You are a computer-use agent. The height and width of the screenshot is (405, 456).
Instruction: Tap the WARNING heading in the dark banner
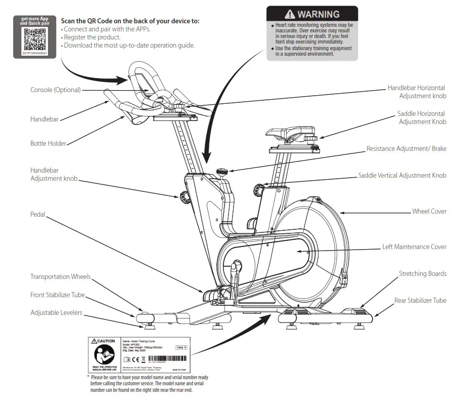312,14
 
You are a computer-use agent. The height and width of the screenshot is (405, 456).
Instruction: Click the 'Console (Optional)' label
55,90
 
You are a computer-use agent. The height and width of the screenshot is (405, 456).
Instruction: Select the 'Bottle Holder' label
48,144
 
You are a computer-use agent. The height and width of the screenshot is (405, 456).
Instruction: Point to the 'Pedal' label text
37,215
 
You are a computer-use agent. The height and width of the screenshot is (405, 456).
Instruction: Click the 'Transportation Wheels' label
60,277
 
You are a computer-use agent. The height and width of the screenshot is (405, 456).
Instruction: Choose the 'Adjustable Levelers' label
56,313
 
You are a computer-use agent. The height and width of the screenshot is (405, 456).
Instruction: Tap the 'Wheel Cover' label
429,211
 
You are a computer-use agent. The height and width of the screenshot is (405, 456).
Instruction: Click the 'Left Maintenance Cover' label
414,247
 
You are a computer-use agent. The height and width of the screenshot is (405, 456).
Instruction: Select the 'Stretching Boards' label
422,274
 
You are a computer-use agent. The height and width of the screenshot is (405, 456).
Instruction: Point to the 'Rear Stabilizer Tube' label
420,301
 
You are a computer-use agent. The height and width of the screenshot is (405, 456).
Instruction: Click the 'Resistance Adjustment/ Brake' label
406,149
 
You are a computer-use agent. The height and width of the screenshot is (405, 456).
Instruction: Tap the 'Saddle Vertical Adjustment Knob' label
402,176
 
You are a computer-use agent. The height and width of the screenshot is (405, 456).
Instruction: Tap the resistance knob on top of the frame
222,172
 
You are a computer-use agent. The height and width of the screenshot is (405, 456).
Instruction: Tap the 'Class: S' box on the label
181,347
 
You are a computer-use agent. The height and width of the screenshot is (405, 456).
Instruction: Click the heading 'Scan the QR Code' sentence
130,21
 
